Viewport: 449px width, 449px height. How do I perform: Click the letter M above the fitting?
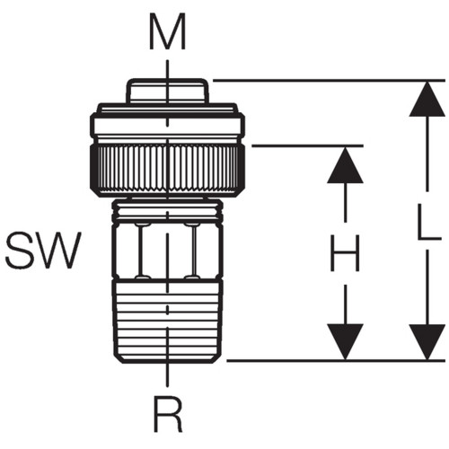point(167,31)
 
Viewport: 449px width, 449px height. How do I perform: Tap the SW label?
point(44,250)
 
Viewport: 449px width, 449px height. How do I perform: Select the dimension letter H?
point(344,253)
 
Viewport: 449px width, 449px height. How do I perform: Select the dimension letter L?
point(429,222)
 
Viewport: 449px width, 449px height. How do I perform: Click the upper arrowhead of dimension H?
point(345,165)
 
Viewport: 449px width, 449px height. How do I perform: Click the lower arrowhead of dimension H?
point(345,341)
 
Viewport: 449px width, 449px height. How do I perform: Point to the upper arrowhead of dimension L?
point(427,99)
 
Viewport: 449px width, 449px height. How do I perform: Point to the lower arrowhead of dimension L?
point(427,342)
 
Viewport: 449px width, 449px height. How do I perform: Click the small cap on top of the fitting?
point(167,91)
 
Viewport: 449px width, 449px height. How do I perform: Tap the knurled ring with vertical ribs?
point(167,170)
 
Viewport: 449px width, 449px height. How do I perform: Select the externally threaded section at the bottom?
point(167,321)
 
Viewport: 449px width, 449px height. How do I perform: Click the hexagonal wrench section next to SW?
point(167,250)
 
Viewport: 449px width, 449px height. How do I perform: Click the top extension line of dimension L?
point(329,81)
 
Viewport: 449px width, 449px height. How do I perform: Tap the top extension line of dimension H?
point(308,145)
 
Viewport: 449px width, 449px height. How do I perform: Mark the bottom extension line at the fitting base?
point(336,361)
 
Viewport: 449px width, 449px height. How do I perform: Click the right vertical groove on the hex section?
point(192,251)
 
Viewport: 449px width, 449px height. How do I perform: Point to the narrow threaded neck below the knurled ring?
point(167,209)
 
